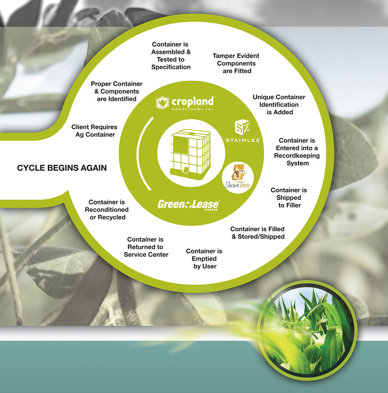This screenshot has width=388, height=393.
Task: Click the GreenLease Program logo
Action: tap(188, 205)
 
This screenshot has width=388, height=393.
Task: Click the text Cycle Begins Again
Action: tap(62, 168)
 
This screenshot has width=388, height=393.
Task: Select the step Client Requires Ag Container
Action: tap(94, 131)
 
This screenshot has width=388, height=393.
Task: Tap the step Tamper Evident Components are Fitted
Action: tap(236, 63)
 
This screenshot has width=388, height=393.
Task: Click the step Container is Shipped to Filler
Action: tap(289, 197)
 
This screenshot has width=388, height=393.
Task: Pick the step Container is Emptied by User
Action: tap(204, 258)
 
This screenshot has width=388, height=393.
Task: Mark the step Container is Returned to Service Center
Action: tap(146, 247)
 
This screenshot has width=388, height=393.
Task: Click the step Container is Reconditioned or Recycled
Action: tap(107, 209)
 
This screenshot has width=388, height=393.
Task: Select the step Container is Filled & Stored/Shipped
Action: tap(257, 233)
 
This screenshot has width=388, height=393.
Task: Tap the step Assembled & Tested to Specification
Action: tap(171, 56)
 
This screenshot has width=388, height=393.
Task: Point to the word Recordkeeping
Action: tap(297, 156)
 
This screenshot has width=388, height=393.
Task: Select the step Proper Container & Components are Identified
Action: tap(116, 91)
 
